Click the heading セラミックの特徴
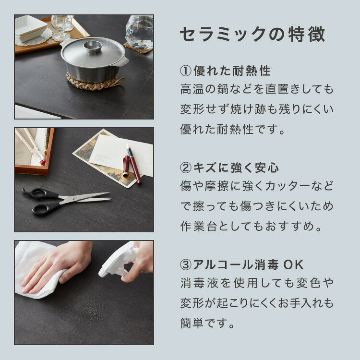[x=252, y=35]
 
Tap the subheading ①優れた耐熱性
[x=225, y=72]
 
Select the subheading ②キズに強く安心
[x=229, y=168]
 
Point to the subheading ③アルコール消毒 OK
[x=242, y=264]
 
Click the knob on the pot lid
[x=93, y=46]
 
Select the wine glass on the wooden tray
[x=61, y=26]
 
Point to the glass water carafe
[x=140, y=32]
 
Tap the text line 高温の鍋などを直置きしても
[x=256, y=90]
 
